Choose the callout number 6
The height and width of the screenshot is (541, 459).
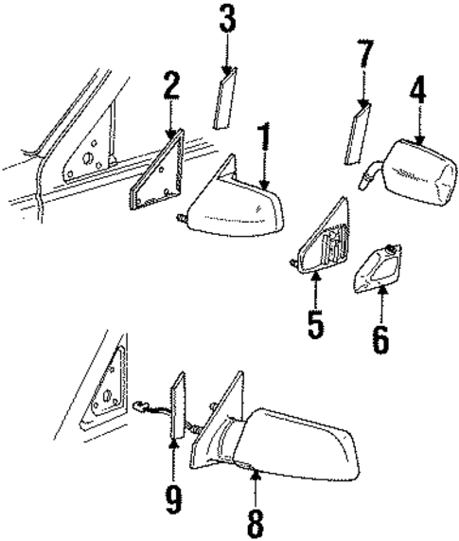[x=380, y=338]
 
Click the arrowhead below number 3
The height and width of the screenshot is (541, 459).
[x=227, y=70]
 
